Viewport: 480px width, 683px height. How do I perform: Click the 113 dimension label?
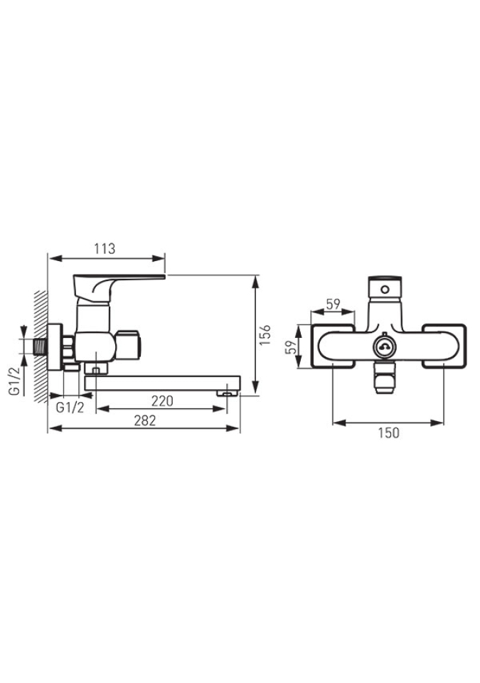click(x=105, y=249)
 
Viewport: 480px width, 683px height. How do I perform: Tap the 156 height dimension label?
click(x=265, y=335)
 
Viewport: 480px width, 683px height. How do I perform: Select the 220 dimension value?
click(x=162, y=401)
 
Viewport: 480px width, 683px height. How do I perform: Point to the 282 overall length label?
click(x=144, y=420)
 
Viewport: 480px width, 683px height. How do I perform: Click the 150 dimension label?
click(x=388, y=433)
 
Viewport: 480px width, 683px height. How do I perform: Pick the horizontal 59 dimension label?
click(x=334, y=304)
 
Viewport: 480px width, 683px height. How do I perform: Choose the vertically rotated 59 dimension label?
click(x=291, y=347)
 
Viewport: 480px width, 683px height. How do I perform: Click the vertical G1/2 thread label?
click(x=14, y=381)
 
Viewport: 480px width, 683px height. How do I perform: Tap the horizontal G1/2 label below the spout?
click(x=70, y=408)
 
